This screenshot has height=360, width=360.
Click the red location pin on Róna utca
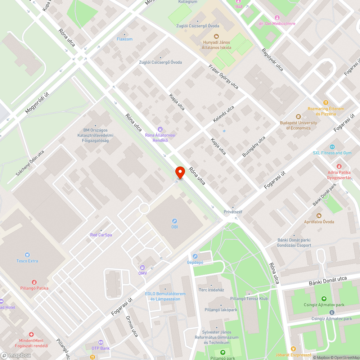tap(180, 172)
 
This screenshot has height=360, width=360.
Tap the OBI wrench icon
tap(175, 221)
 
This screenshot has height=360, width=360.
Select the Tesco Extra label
tap(27, 261)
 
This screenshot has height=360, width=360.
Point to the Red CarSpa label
tap(101, 235)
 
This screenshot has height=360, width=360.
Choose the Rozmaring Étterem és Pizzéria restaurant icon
tap(326, 103)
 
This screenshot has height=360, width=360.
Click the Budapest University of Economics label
tap(298, 125)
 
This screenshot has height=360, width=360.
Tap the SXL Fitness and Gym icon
tap(332, 147)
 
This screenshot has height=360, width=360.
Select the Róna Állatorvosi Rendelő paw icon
tap(160, 129)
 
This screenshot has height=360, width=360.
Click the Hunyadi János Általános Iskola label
tap(216, 45)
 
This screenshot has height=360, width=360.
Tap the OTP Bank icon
tap(101, 342)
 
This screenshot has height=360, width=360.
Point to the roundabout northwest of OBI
tap(144, 208)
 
